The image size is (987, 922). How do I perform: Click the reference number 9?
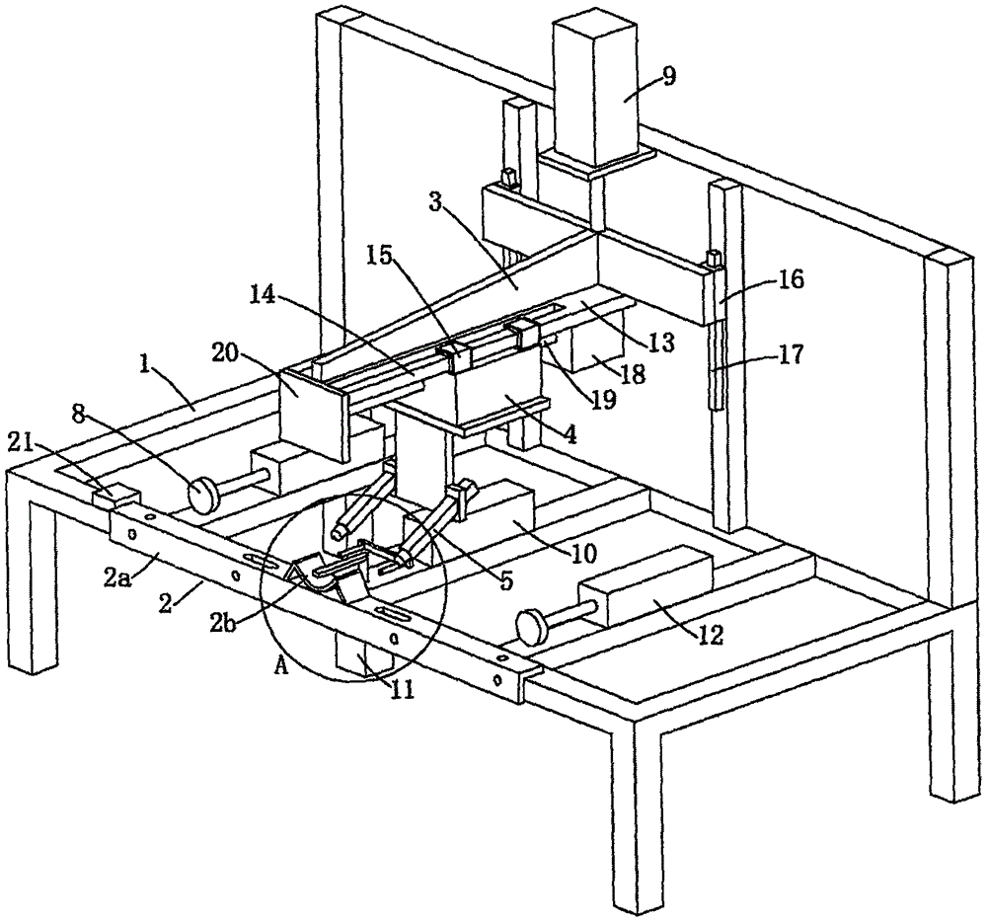[x=668, y=76]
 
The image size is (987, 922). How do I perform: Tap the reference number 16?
[x=792, y=278]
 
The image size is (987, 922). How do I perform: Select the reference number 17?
[x=792, y=355]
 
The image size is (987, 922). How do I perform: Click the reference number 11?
[x=403, y=690]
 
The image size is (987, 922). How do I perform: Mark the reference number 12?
[x=710, y=635]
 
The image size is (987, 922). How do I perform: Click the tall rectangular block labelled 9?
[x=595, y=88]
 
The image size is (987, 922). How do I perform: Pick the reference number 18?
[x=634, y=374]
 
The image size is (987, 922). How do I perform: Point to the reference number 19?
[x=603, y=400]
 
